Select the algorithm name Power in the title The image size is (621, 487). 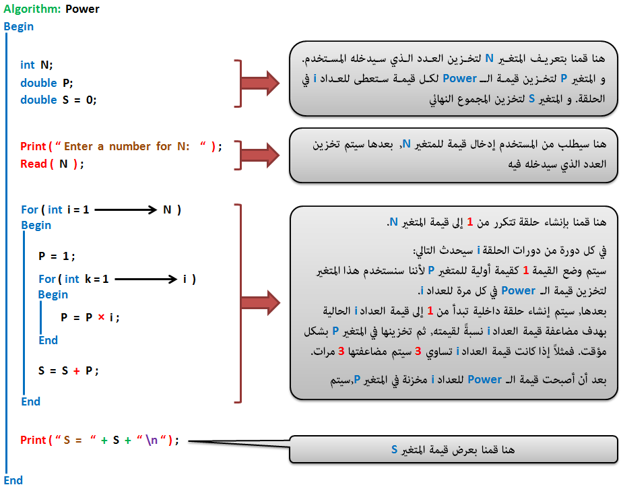point(82,9)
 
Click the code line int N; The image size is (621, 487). point(36,65)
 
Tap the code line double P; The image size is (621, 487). point(46,83)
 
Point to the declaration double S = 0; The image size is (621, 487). point(58,100)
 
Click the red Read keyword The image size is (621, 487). point(34,164)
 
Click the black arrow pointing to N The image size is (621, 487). point(126,209)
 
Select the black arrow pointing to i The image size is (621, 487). point(145,279)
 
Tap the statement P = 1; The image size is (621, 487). point(57,256)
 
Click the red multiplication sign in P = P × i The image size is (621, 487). point(102,317)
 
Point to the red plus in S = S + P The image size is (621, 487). point(76,371)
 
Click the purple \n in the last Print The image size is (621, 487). point(152,440)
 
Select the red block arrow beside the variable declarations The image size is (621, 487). point(260,83)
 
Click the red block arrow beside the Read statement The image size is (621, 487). point(260,155)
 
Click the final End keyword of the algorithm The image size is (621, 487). point(13,480)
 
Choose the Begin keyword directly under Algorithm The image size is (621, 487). point(19,26)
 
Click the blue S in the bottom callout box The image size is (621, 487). point(394,449)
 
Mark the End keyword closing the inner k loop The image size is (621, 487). point(48,340)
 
